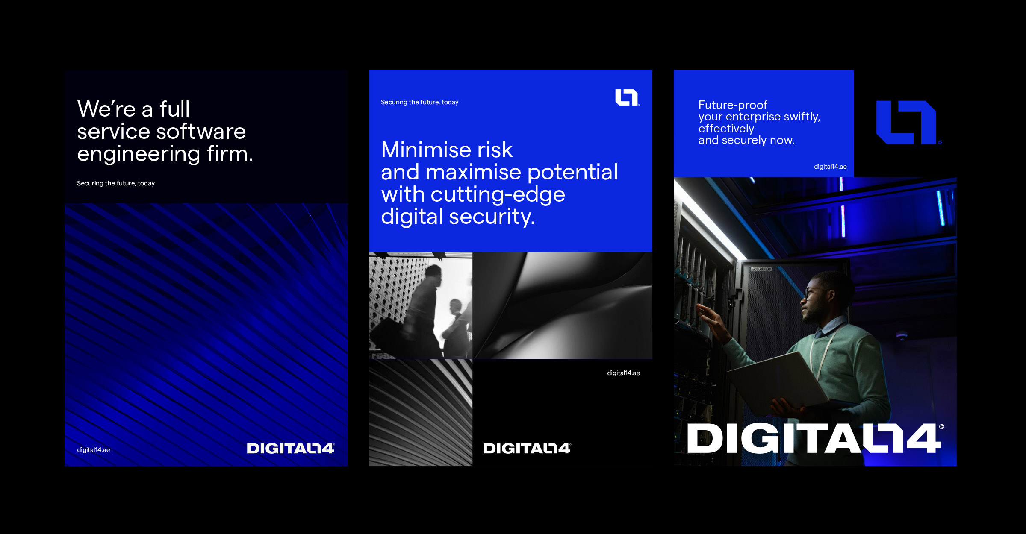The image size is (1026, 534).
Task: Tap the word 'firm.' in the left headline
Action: (x=230, y=153)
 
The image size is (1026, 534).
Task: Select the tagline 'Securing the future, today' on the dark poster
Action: (x=116, y=183)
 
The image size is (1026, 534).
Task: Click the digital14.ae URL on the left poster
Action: (x=94, y=450)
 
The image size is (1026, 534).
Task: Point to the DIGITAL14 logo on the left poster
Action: (x=291, y=449)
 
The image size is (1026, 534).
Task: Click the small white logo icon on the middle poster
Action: (x=627, y=97)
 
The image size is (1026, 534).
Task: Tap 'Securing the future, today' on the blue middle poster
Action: (x=419, y=102)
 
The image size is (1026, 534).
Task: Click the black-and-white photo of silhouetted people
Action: (x=421, y=305)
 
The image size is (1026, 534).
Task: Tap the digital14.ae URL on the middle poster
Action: (x=623, y=373)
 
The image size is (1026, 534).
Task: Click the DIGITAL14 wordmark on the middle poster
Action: (x=527, y=449)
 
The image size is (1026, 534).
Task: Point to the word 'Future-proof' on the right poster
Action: (x=733, y=105)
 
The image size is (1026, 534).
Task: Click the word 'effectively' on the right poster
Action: (x=726, y=129)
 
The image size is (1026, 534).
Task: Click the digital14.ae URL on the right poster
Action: (x=830, y=167)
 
